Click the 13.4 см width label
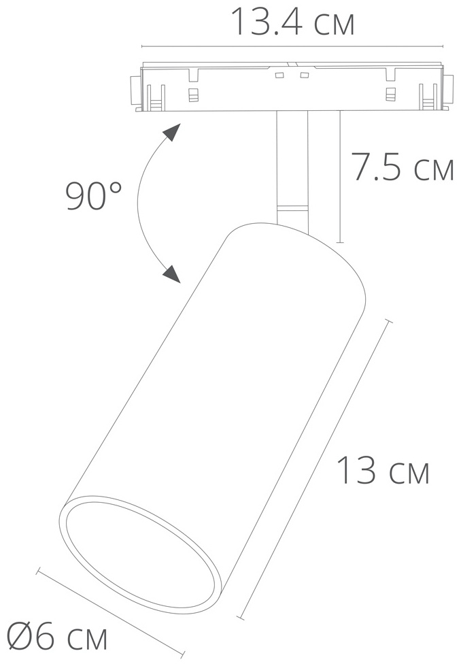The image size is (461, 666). tap(292, 21)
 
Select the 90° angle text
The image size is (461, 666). tap(94, 196)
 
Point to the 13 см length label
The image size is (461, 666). tap(383, 470)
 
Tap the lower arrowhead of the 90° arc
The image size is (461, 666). tap(171, 274)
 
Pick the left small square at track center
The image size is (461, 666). tap(279, 76)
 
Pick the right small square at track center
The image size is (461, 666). tap(304, 76)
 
